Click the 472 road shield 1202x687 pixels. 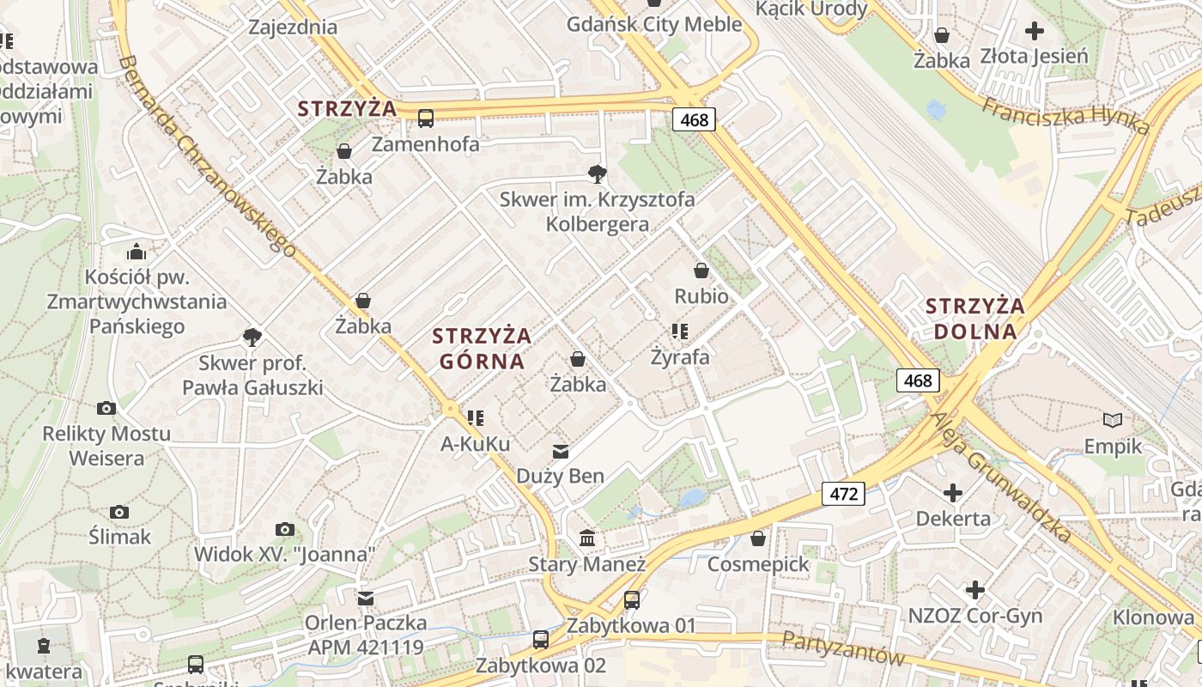point(843,494)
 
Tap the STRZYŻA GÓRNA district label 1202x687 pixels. point(482,348)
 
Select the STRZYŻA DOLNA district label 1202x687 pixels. point(975,319)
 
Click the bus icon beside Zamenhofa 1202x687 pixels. point(426,119)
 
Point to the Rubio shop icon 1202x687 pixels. point(701,271)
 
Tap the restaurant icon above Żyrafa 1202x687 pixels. point(680,331)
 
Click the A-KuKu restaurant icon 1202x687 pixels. point(476,418)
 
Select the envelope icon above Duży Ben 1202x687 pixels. point(561,450)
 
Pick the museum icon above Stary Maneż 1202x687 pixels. point(587,538)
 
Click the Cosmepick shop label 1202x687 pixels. point(758,564)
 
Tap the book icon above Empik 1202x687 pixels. point(1113,420)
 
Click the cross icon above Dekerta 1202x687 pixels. point(953,493)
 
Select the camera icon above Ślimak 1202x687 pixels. point(119,512)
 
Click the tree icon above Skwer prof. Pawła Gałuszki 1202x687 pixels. point(252,337)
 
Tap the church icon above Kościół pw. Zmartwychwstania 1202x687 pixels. point(137,252)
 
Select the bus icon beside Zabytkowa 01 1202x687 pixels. point(632,600)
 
